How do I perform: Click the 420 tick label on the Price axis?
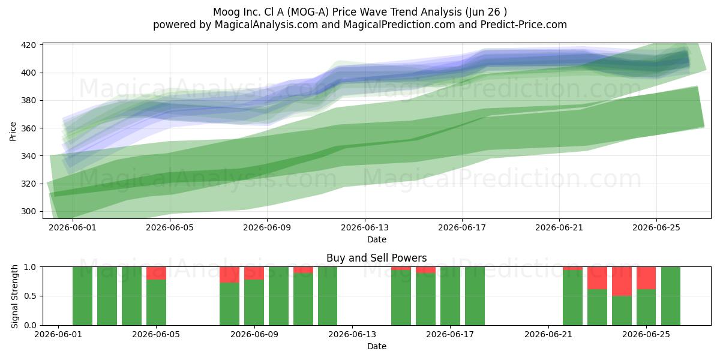click(28, 45)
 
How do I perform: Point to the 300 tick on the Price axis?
click(28, 211)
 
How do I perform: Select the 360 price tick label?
click(28, 128)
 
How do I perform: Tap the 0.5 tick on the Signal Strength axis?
click(30, 296)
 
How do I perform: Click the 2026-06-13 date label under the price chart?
click(365, 227)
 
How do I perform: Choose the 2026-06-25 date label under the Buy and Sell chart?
click(646, 335)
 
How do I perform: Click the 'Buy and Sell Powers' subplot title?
click(376, 258)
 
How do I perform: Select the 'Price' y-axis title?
click(13, 131)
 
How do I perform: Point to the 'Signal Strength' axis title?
click(14, 296)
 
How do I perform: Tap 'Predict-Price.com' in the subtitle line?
click(524, 25)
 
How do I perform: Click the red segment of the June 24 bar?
click(622, 281)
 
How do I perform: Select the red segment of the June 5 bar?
click(156, 273)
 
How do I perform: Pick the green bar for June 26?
click(671, 296)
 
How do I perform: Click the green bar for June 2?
click(82, 296)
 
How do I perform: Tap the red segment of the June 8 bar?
click(229, 275)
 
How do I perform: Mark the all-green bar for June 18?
click(475, 296)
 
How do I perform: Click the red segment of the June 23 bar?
click(597, 278)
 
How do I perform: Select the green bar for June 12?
click(328, 296)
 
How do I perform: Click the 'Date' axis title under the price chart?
click(377, 239)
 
